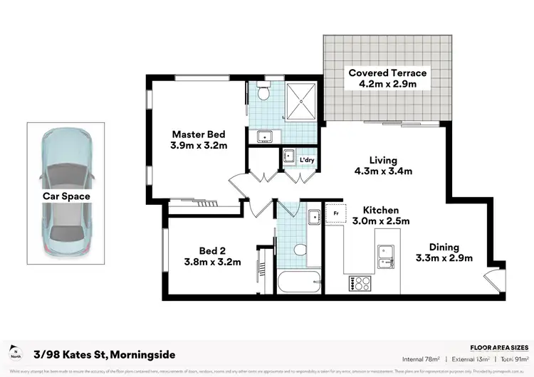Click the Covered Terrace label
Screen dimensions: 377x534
pyautogui.click(x=387, y=73)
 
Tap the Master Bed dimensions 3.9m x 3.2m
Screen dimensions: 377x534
pyautogui.click(x=199, y=146)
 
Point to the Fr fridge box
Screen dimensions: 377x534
pyautogui.click(x=335, y=212)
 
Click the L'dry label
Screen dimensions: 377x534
pyautogui.click(x=307, y=159)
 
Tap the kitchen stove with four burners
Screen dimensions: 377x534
pyautogui.click(x=360, y=282)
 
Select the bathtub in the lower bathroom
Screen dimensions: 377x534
pyautogui.click(x=298, y=282)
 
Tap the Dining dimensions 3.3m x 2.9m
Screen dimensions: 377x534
pyautogui.click(x=444, y=257)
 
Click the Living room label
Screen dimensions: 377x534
pyautogui.click(x=382, y=160)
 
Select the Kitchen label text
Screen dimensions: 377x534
pyautogui.click(x=381, y=210)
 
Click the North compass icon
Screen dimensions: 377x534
pyautogui.click(x=15, y=354)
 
